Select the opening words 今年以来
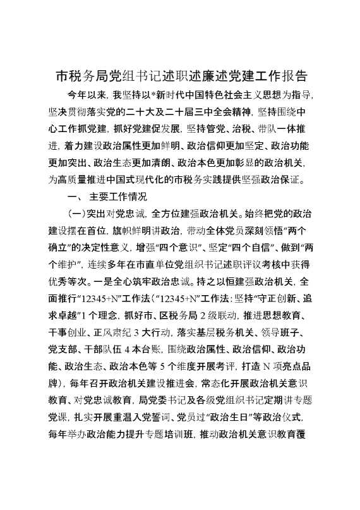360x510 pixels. [x=87, y=97]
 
